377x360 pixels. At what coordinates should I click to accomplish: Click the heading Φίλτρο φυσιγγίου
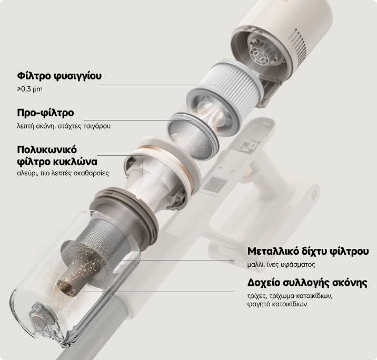click(x=59, y=76)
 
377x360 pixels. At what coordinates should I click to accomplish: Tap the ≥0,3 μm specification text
click(x=30, y=89)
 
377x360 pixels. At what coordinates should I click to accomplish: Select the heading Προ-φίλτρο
click(x=45, y=113)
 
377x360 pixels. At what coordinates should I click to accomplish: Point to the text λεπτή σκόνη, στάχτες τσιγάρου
click(x=64, y=126)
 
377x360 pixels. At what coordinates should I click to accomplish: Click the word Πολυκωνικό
click(x=47, y=149)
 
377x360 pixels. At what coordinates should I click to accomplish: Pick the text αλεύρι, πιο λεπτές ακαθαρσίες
click(x=63, y=173)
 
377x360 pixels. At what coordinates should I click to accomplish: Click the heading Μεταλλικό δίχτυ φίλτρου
click(x=308, y=252)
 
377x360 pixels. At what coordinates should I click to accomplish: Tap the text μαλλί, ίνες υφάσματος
click(x=281, y=265)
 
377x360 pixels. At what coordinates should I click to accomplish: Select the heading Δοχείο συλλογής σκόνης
click(x=307, y=283)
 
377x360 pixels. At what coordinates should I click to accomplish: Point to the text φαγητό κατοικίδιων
click(x=277, y=304)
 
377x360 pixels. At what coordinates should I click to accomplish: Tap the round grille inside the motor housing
click(x=260, y=55)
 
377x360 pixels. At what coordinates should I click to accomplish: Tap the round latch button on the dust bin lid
click(x=38, y=321)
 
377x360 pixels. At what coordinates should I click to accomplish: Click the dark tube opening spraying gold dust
click(x=66, y=287)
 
